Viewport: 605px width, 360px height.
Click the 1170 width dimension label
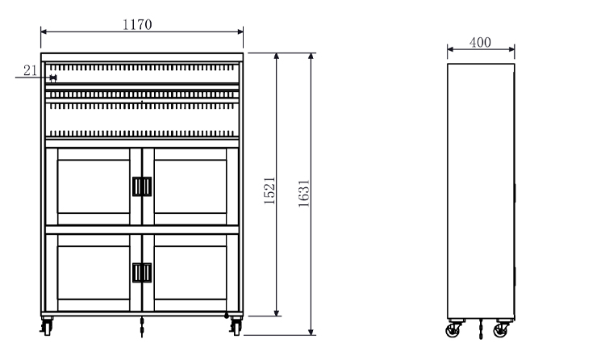click(x=137, y=24)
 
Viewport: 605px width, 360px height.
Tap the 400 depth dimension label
click(x=480, y=42)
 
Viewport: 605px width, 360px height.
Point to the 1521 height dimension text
click(x=269, y=190)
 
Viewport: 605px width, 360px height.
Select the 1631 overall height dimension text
click(x=303, y=193)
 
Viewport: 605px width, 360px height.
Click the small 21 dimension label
click(x=30, y=70)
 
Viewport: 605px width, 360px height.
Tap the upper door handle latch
click(x=142, y=186)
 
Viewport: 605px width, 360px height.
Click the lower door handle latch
click(x=142, y=273)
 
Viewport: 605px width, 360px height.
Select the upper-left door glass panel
click(x=94, y=186)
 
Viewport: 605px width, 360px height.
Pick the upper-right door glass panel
click(x=190, y=186)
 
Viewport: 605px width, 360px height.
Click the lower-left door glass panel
click(x=94, y=273)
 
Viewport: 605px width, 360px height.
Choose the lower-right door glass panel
click(x=190, y=273)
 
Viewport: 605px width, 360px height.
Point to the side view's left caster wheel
click(x=453, y=331)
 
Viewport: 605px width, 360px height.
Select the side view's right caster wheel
click(x=500, y=331)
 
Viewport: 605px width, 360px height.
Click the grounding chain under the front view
click(x=142, y=327)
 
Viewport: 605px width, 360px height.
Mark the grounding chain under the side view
click(x=481, y=329)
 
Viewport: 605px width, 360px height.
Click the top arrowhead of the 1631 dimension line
click(x=311, y=56)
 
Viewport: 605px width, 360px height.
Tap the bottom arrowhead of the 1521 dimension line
click(x=276, y=313)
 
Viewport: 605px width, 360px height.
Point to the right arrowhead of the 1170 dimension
click(x=240, y=31)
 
